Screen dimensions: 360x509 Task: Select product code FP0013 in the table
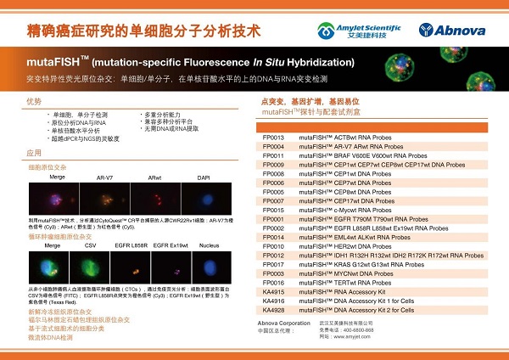coord(273,137)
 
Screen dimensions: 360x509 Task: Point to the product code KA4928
coord(273,310)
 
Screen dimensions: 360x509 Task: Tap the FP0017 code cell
coord(273,264)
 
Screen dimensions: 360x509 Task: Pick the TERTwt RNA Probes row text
coord(339,283)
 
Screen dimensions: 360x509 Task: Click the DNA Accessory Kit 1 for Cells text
coord(356,301)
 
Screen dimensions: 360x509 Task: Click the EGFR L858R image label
coord(129,245)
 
